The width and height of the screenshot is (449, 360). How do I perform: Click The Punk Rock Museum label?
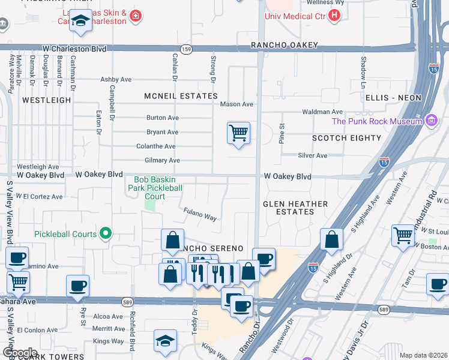[x=377, y=121]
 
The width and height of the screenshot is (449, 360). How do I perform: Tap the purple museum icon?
[x=431, y=121]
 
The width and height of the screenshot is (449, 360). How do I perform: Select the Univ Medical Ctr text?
[x=294, y=16]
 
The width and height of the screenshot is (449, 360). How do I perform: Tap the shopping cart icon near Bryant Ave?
[x=239, y=133]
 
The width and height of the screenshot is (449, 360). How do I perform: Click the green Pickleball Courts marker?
[x=106, y=233]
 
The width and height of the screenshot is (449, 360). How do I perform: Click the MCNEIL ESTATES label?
[x=181, y=96]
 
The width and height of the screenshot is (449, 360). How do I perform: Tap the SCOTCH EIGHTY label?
[x=346, y=138]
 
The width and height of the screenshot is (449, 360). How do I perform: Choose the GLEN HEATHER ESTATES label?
[x=295, y=208]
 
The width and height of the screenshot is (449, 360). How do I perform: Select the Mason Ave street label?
[x=237, y=104]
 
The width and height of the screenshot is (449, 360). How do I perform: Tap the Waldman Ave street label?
[x=322, y=112]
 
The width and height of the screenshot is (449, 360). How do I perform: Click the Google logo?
[x=19, y=352]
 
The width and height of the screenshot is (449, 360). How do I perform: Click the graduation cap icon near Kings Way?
[x=165, y=341]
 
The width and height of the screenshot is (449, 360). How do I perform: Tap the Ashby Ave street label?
[x=116, y=79]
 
